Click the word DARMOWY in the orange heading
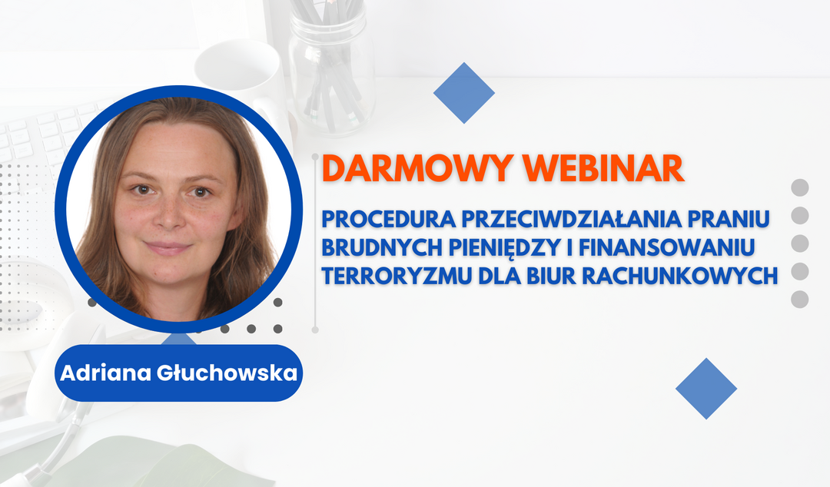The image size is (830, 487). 417,168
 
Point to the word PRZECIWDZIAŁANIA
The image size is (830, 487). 571,219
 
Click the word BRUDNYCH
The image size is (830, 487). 382,247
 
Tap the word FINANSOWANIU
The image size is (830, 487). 666,247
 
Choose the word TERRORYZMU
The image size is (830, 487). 397,276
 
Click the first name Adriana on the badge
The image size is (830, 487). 106,373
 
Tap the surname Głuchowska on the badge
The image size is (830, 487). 227,373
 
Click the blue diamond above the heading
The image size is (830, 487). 463,93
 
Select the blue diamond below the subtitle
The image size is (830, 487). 706,389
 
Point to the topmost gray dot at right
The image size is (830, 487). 800,187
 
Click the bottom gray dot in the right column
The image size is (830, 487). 800,299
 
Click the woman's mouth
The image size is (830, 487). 168,247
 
